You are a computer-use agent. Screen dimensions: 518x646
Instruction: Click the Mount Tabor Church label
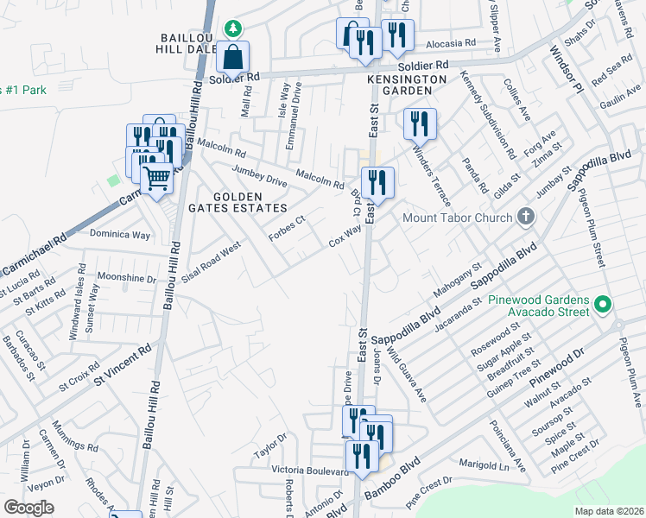click(457, 218)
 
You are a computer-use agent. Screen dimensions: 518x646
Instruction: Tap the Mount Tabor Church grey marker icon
click(524, 218)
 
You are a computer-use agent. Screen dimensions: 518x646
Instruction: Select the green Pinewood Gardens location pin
click(604, 305)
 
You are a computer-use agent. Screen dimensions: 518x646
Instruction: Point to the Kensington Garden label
click(406, 79)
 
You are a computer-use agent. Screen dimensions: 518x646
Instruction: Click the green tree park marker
click(232, 28)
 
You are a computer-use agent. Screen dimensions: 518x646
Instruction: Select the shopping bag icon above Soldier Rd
click(233, 58)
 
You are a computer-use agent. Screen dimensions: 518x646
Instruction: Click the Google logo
click(28, 508)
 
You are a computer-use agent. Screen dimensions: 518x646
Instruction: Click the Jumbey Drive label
click(259, 175)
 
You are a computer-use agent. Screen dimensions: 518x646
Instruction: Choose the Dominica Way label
click(121, 234)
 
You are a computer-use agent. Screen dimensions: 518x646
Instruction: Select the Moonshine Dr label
click(127, 279)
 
